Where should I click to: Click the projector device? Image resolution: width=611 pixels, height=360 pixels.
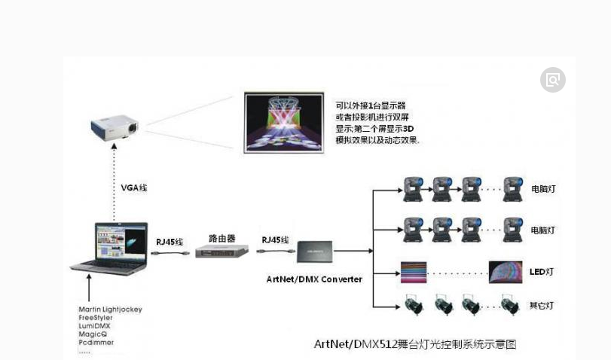pyautogui.click(x=115, y=127)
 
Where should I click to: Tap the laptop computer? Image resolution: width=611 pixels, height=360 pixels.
pyautogui.click(x=111, y=248)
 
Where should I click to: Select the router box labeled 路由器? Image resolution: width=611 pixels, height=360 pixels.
pyautogui.click(x=221, y=252)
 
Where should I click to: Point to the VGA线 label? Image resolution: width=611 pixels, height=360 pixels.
pyautogui.click(x=133, y=188)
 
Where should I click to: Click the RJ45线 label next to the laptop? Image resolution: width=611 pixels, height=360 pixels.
pyautogui.click(x=170, y=242)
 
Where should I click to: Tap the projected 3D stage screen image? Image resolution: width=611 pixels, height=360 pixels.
pyautogui.click(x=284, y=122)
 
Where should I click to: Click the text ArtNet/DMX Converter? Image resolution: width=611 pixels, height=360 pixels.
pyautogui.click(x=314, y=279)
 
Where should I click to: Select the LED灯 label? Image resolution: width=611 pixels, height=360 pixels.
pyautogui.click(x=541, y=272)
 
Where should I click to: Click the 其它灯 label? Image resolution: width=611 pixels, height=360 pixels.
pyautogui.click(x=541, y=306)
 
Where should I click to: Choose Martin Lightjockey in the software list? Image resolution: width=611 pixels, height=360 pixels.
pyautogui.click(x=110, y=310)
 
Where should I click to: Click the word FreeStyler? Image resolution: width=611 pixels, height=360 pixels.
pyautogui.click(x=95, y=318)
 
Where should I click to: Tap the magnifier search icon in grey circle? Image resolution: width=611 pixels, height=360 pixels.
pyautogui.click(x=552, y=80)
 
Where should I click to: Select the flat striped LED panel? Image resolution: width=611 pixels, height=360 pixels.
pyautogui.click(x=414, y=272)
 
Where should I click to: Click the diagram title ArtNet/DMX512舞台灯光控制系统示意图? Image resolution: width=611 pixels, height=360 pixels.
pyautogui.click(x=414, y=345)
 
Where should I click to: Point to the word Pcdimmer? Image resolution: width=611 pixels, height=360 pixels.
pyautogui.click(x=96, y=342)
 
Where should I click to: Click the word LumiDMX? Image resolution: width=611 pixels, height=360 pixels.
pyautogui.click(x=94, y=326)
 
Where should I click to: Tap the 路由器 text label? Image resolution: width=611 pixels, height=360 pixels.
pyautogui.click(x=221, y=238)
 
